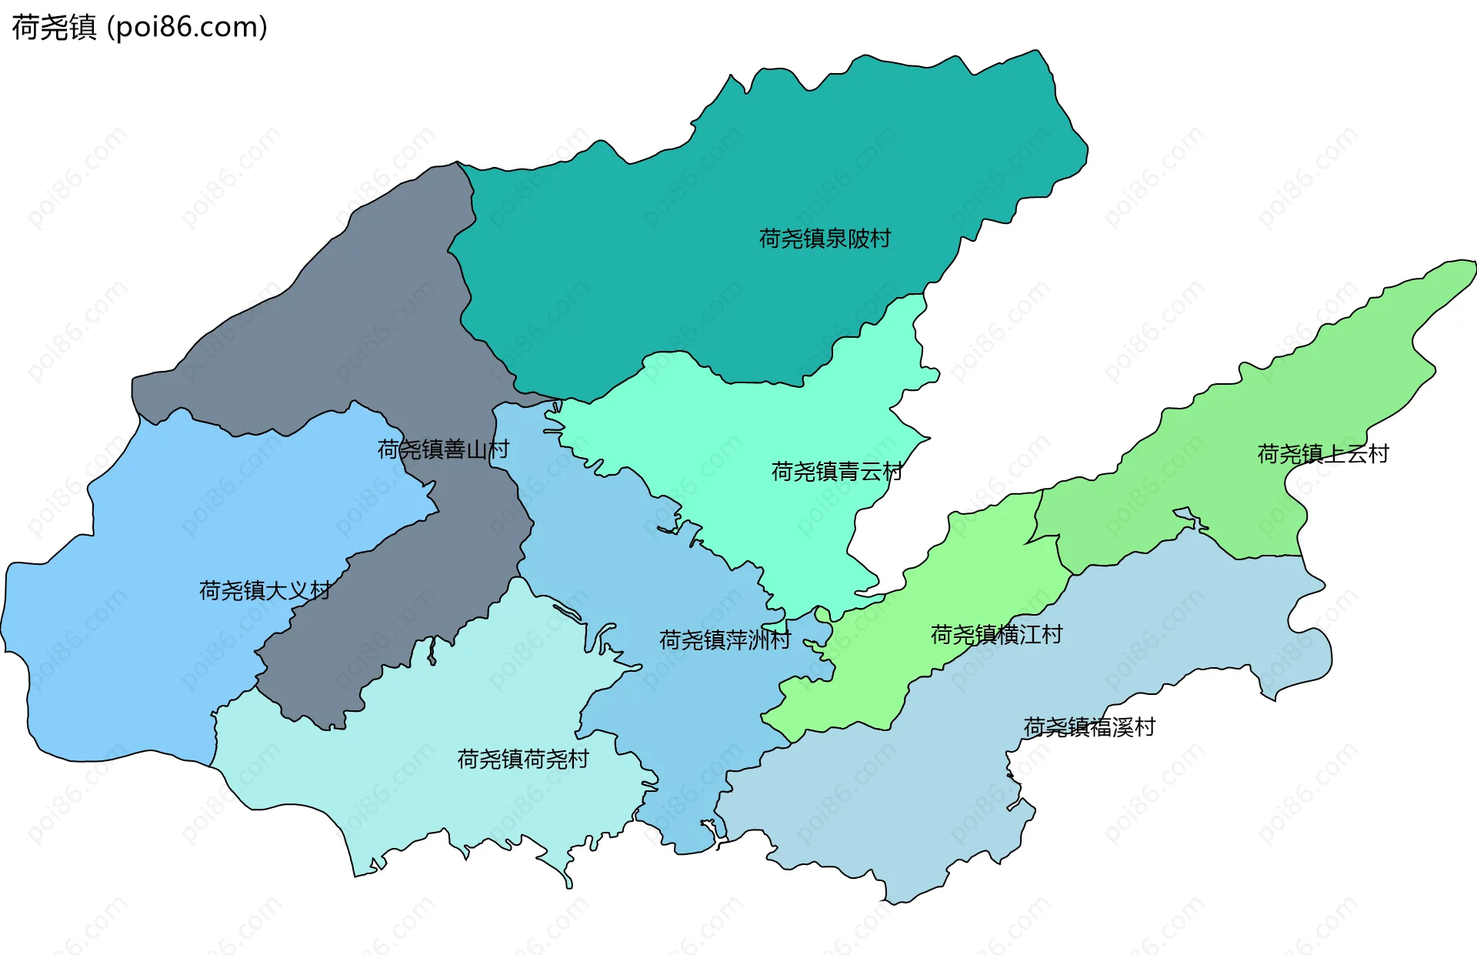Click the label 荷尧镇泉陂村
click(825, 239)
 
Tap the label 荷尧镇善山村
click(443, 449)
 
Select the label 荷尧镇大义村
click(265, 590)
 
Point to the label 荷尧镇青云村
click(837, 471)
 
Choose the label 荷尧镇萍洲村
click(725, 639)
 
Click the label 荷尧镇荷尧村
click(523, 760)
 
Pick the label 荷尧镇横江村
click(996, 635)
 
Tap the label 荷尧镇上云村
click(1323, 454)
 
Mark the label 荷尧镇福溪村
click(1089, 727)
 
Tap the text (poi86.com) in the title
click(187, 28)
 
